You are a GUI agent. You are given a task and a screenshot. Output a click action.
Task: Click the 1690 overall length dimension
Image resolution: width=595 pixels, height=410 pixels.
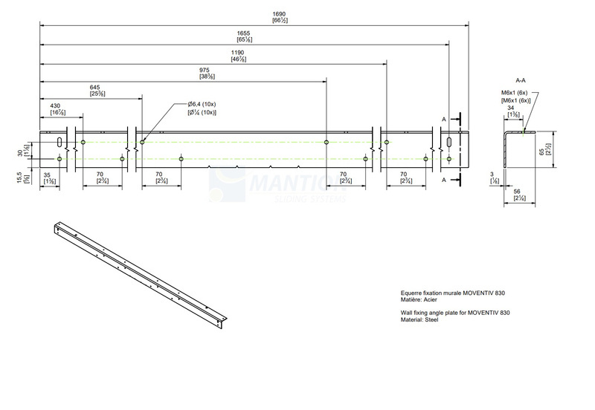point(259,14)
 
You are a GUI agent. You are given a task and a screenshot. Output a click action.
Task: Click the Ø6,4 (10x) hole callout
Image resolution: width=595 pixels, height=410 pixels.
point(202,105)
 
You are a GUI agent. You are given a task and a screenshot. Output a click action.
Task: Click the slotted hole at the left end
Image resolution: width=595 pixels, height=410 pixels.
point(59,141)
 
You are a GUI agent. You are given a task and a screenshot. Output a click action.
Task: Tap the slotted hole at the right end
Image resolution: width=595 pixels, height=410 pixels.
point(449,141)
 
